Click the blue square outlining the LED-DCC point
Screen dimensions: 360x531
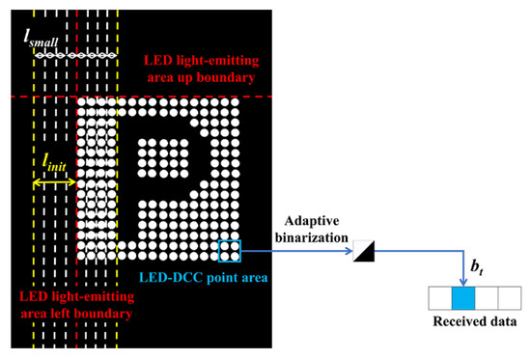click(230, 251)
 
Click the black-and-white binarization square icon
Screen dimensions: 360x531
click(363, 252)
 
